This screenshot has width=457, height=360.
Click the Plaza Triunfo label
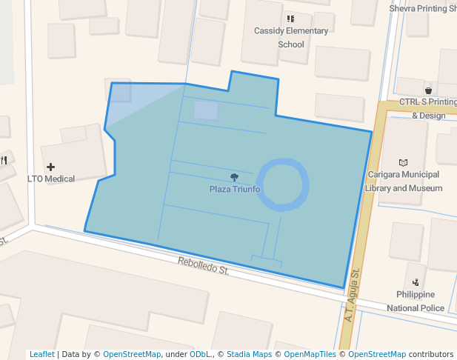(235, 189)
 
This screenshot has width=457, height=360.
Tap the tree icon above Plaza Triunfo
(235, 177)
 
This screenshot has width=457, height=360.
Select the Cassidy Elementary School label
(291, 38)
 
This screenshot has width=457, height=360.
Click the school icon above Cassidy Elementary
(290, 19)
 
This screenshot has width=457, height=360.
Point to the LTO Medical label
(51, 179)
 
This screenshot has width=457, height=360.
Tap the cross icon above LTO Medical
(50, 167)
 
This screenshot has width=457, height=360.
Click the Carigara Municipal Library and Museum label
(404, 181)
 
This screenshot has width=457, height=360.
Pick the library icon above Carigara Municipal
(403, 162)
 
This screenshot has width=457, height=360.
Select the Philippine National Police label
(416, 301)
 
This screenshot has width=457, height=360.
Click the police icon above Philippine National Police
(416, 281)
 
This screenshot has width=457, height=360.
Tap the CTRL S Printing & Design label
(428, 108)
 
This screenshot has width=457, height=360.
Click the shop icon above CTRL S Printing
(428, 90)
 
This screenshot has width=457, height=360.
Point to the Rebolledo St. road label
(203, 267)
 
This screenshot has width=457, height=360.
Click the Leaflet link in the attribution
(42, 354)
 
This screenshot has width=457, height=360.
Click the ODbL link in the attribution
(200, 354)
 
